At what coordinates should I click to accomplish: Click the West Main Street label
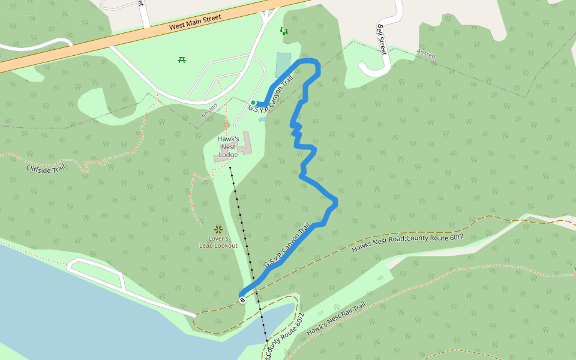pos(196,22)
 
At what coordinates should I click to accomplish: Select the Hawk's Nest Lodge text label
pos(228,147)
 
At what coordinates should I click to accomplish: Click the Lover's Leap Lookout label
pos(218,242)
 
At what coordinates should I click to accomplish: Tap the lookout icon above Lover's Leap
pos(218,229)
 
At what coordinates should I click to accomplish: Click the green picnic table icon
pos(182,59)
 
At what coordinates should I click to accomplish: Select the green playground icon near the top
pos(284,30)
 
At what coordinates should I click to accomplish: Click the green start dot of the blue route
pos(253,103)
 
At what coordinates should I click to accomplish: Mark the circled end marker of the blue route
pos(242,299)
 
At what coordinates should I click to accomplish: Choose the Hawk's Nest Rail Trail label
pos(335,320)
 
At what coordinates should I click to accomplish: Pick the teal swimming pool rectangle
pos(283,65)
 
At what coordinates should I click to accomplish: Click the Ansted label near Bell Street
pos(426,55)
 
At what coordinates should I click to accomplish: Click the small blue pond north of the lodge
pos(262,119)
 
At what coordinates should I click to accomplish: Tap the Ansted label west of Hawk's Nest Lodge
pos(209,110)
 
